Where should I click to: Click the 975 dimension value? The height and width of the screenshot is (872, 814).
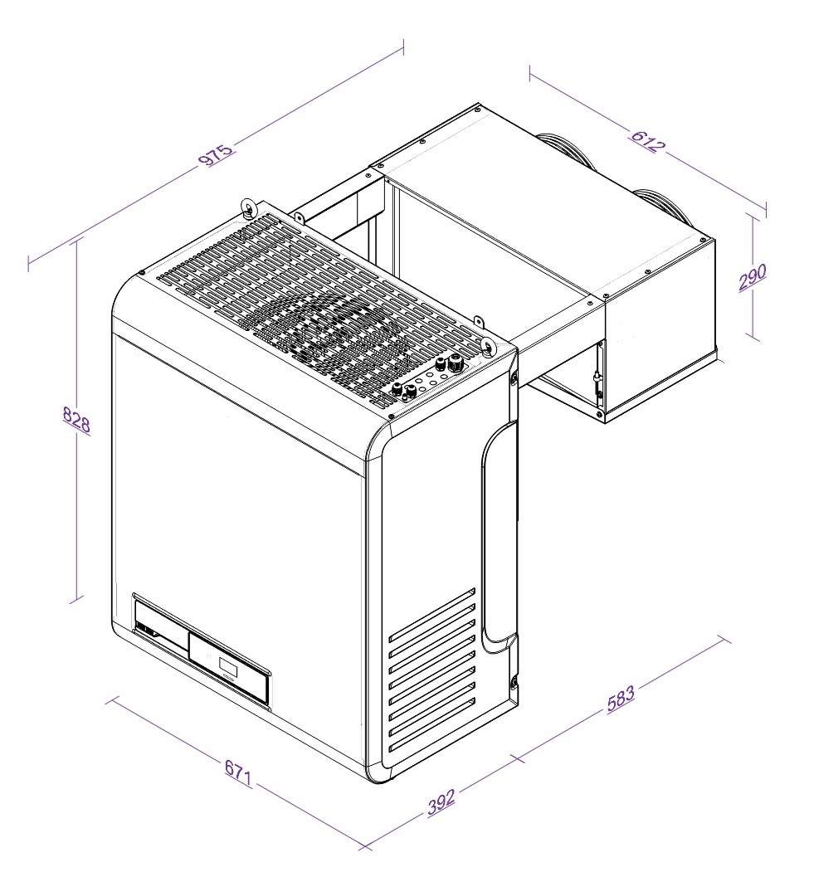coord(215,155)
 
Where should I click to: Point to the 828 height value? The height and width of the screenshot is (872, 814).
coord(77,422)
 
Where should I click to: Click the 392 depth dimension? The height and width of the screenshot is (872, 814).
coord(442,801)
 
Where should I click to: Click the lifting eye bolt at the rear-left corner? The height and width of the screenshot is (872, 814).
coord(247,207)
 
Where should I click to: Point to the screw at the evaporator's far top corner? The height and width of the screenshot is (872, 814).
coord(479,107)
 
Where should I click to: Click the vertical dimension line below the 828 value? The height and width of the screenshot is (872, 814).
coord(78,514)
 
